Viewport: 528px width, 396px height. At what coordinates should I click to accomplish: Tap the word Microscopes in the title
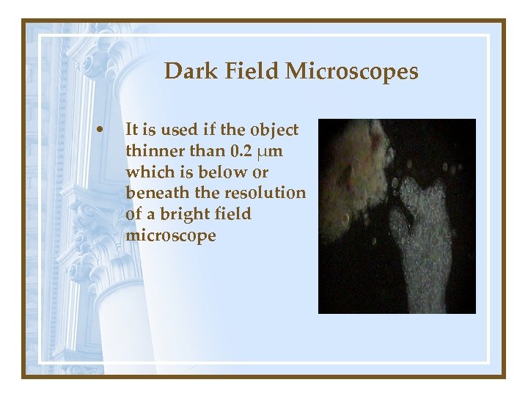(x=352, y=72)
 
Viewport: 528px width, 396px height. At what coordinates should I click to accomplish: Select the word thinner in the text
(x=151, y=151)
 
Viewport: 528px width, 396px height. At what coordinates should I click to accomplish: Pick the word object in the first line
(x=274, y=131)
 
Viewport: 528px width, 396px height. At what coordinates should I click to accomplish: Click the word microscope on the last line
(x=171, y=236)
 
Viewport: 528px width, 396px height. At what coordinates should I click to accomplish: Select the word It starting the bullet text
(x=132, y=131)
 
